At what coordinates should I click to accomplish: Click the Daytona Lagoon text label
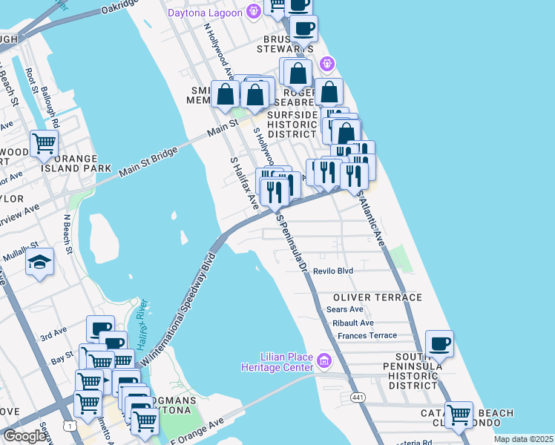click(204, 13)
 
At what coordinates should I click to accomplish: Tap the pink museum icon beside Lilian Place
click(324, 361)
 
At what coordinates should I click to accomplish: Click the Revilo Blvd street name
click(332, 271)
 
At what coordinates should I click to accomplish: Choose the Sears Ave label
click(345, 309)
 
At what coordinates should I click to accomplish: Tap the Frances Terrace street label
click(367, 335)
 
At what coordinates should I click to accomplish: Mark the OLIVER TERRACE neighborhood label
click(373, 297)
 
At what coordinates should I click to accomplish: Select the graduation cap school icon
click(39, 263)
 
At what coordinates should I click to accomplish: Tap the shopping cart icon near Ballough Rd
click(45, 142)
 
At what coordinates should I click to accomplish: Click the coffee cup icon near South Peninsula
click(440, 343)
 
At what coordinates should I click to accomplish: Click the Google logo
click(25, 436)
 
